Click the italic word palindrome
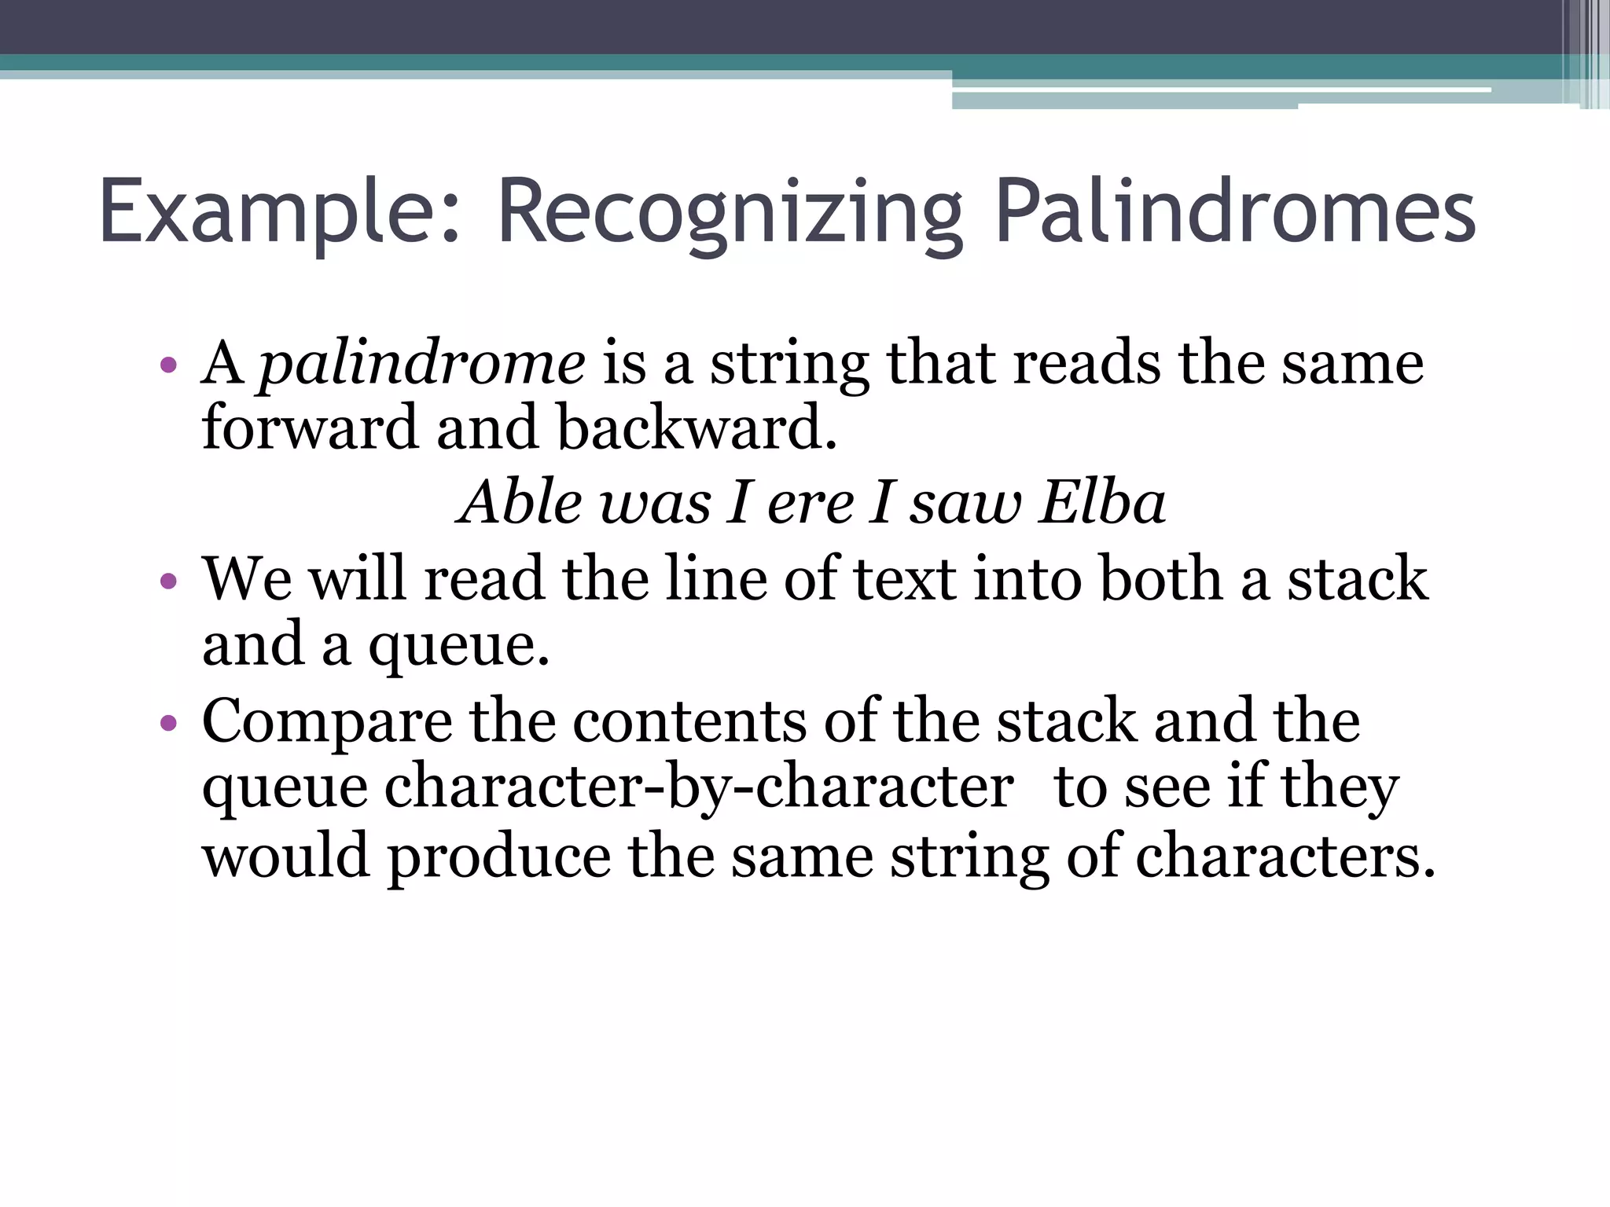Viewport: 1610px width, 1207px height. pos(422,365)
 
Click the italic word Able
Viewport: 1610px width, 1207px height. pos(520,502)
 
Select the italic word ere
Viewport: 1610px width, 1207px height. pos(811,502)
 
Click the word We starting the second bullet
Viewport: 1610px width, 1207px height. pos(247,579)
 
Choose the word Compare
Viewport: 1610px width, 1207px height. pos(327,721)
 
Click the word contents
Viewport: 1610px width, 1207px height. pos(689,721)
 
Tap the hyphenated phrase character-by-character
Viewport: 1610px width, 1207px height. pos(698,787)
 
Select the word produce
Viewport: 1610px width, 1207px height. pos(498,856)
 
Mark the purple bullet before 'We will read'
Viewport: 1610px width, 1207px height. pos(167,581)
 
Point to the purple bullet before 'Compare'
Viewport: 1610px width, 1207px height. pos(167,723)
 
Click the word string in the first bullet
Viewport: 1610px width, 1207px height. pos(789,365)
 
